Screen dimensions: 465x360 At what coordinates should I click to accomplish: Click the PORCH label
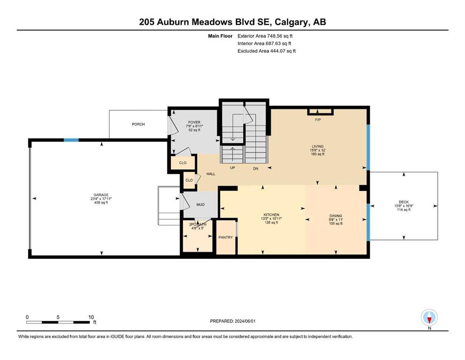point(138,124)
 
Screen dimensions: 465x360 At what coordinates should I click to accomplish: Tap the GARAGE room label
point(101,195)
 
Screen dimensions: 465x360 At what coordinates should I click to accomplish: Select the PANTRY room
point(226,237)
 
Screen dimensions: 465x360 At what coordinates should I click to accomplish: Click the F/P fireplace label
point(318,120)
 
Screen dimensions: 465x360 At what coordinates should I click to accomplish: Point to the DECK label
point(404,202)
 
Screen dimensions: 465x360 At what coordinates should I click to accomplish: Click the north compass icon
point(429,317)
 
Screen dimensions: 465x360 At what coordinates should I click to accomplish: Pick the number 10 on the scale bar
point(91,317)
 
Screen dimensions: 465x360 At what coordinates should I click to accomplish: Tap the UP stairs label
point(232,168)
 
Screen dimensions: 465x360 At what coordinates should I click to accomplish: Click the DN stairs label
point(256,169)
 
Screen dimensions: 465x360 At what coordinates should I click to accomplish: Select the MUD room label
point(200,204)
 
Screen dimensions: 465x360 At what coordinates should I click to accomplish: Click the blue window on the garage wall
point(71,140)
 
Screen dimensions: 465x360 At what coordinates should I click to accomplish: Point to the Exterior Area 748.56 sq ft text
point(265,36)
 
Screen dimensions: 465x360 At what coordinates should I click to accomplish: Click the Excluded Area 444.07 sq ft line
point(266,51)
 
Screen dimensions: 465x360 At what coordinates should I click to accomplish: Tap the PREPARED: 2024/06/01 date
point(232,321)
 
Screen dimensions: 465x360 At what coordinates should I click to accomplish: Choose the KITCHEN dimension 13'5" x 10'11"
point(271,218)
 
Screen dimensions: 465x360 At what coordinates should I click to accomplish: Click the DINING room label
point(336,216)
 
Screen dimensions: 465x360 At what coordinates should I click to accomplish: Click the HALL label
point(211,174)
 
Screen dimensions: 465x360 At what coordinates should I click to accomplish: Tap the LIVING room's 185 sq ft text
point(317,154)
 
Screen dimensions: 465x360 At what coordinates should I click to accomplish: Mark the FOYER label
point(194,122)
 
